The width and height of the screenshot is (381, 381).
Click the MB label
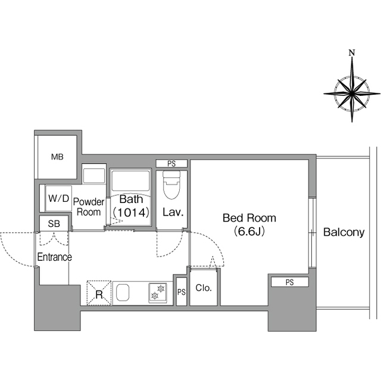tap(57, 157)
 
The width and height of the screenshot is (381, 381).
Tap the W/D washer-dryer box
tap(58, 198)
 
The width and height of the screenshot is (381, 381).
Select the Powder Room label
tap(89, 207)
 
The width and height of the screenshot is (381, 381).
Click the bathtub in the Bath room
tap(131, 180)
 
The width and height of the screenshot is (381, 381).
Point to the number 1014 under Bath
tap(131, 213)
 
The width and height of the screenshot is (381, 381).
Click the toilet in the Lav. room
tap(171, 185)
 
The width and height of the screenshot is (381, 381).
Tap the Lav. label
tap(173, 213)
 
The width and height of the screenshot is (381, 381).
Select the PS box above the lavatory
tap(171, 164)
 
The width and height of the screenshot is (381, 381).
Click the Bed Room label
tap(249, 218)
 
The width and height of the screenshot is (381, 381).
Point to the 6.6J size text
tap(249, 232)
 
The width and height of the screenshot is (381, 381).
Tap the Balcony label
tap(344, 233)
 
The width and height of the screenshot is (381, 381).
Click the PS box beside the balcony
tap(290, 282)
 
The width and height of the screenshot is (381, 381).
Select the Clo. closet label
tap(204, 288)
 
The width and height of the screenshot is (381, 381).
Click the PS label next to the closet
tap(182, 292)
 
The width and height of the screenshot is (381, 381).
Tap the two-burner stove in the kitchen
tap(158, 293)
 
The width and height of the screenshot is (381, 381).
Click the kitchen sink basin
tap(123, 293)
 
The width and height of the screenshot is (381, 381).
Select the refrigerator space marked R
tap(99, 293)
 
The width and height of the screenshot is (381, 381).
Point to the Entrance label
tap(54, 257)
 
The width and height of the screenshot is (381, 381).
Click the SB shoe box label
tap(54, 224)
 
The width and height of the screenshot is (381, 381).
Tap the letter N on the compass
tap(352, 52)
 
